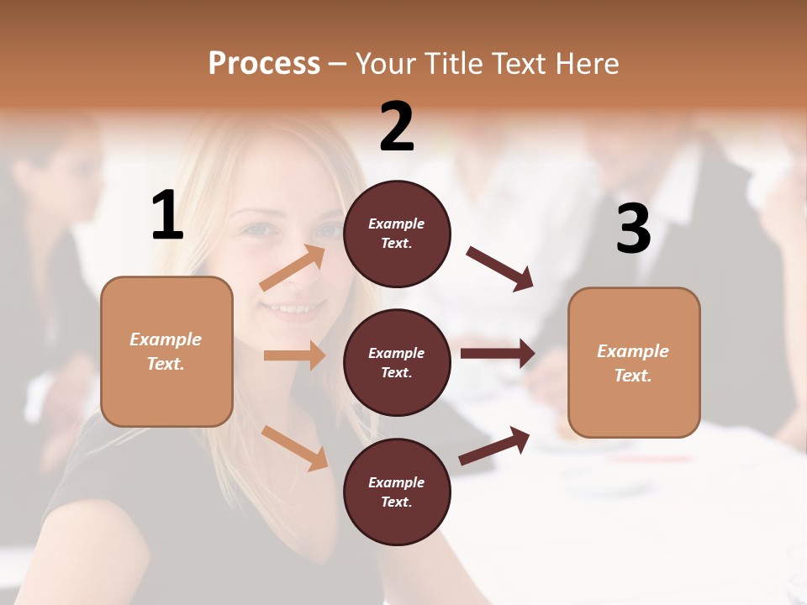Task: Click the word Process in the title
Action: [264, 64]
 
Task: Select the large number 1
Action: [167, 216]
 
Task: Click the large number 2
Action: [397, 127]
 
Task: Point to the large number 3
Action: [633, 229]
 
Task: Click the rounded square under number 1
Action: [166, 351]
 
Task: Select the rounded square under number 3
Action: [634, 362]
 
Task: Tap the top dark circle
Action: [397, 234]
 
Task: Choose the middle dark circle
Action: [397, 362]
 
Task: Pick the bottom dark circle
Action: [397, 492]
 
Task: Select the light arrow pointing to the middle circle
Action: [294, 355]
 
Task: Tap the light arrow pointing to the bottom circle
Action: [295, 448]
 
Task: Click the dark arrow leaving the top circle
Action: [500, 269]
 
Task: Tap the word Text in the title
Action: [521, 64]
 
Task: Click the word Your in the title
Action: [388, 64]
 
